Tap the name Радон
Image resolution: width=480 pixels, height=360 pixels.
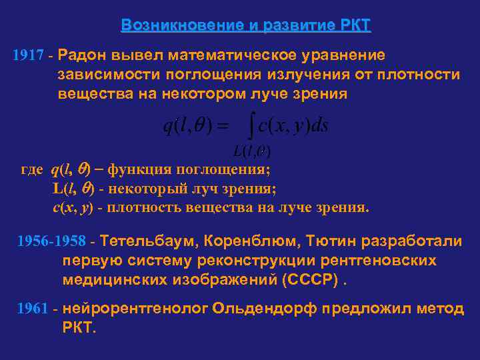pyautogui.click(x=82, y=55)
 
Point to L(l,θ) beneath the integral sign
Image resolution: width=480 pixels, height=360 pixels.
pyautogui.click(x=251, y=147)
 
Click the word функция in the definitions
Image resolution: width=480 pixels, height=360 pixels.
pyautogui.click(x=139, y=169)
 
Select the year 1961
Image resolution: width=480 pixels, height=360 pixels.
pyautogui.click(x=33, y=309)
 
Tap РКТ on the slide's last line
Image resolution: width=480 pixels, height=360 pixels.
pyautogui.click(x=79, y=329)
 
